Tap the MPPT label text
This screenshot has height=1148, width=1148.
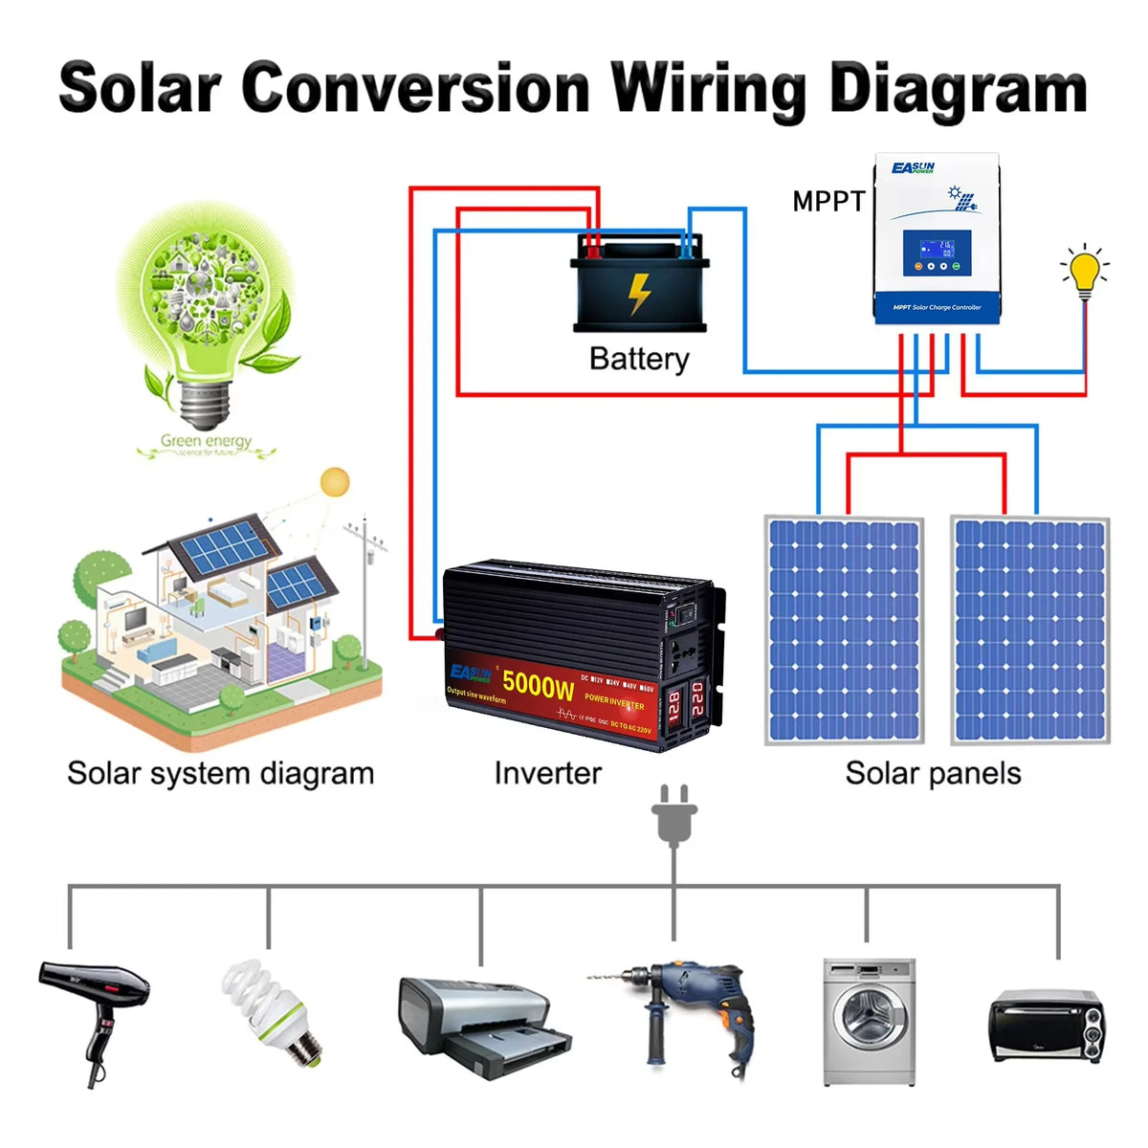828,201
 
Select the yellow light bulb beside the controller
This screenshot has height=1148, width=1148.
1085,272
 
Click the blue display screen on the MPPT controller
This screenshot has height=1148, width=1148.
937,254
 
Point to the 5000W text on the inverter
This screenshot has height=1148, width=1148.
538,684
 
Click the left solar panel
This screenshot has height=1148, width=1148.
844,631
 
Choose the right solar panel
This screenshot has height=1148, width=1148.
1030,631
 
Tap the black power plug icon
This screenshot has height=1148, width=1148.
673,816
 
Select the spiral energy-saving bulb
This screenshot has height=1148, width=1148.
273,1009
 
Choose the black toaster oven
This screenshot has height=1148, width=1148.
1047,1025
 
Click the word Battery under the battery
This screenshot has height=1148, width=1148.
639,359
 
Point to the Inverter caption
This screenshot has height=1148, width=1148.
547,773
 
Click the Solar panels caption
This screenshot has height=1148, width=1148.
933,773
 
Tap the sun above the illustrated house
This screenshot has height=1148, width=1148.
335,483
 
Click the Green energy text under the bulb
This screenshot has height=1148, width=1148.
206,441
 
